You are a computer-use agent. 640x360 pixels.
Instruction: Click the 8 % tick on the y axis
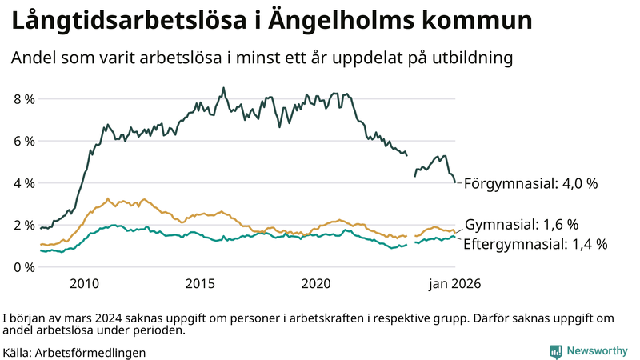tap(23, 99)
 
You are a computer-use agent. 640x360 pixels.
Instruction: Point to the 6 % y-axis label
tap(23, 141)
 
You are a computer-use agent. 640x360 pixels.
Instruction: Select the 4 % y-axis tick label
tap(23, 183)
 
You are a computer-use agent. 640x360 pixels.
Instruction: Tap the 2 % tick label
tap(23, 225)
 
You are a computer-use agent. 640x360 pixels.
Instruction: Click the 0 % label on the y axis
tap(23, 266)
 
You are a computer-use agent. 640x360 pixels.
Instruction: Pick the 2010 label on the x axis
tap(84, 283)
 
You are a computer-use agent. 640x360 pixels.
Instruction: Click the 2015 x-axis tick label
tap(200, 283)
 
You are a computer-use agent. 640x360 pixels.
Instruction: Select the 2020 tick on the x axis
tap(316, 283)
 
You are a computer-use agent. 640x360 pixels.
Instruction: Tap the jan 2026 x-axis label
tap(453, 283)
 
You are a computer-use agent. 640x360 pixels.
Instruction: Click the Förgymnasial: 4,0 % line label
tap(530, 183)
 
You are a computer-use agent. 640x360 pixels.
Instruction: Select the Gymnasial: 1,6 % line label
tap(521, 224)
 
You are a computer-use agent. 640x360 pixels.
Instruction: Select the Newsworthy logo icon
tap(555, 351)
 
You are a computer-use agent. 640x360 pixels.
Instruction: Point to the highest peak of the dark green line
tap(223, 88)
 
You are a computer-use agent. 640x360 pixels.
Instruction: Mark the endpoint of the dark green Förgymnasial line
tap(455, 182)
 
